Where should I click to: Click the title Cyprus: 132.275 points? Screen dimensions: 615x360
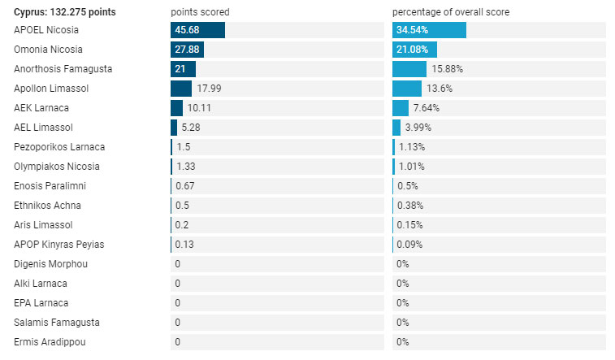[x=65, y=12]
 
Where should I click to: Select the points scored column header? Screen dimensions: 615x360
[x=200, y=12]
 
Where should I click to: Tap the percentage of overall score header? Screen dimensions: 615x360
[x=451, y=12]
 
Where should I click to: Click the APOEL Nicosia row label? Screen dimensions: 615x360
[x=45, y=30]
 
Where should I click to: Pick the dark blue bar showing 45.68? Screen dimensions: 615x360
[x=197, y=30]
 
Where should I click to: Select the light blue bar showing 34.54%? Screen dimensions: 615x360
[x=429, y=30]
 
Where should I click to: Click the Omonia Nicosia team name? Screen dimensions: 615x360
[x=48, y=50]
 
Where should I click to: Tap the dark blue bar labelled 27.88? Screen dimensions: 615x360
[x=187, y=50]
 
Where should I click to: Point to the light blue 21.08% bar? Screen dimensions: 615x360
[x=414, y=50]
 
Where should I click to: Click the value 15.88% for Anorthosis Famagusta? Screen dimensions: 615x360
[x=447, y=69]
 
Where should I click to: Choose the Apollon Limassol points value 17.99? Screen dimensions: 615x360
[x=209, y=89]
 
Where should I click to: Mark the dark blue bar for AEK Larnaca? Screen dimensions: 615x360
[x=176, y=108]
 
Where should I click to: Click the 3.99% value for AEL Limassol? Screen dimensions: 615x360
[x=418, y=128]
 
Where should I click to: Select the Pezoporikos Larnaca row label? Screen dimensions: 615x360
[x=59, y=147]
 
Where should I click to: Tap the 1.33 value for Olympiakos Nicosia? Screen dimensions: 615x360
[x=185, y=167]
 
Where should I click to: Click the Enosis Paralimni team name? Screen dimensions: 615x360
[x=50, y=186]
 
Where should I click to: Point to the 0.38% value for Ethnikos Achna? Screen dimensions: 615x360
[x=410, y=206]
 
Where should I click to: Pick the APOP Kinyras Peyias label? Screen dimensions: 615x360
[x=58, y=245]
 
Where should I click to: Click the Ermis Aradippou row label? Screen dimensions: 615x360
[x=50, y=342]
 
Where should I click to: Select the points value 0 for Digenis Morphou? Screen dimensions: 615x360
[x=178, y=264]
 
